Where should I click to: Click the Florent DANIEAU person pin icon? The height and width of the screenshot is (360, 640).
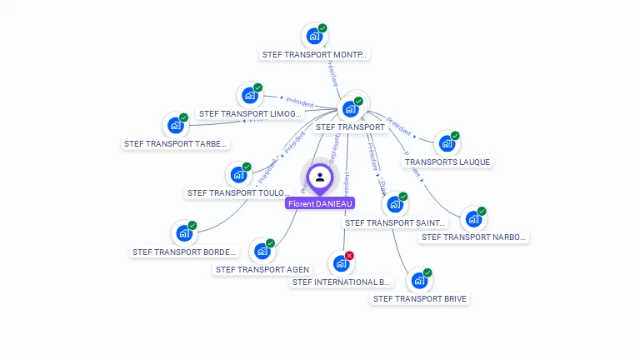(320, 177)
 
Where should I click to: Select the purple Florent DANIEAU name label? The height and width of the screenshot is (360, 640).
(320, 203)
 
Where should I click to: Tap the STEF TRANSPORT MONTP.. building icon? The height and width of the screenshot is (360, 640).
(314, 36)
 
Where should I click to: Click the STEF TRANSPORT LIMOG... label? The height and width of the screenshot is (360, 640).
(250, 113)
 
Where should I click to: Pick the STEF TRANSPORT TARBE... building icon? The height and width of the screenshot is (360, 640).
(175, 125)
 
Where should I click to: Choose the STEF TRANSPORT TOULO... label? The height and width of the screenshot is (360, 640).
(238, 192)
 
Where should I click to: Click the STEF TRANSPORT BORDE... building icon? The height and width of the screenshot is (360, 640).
(183, 233)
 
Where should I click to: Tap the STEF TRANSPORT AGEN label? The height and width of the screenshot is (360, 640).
(262, 269)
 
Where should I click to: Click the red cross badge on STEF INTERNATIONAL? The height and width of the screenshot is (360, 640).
(349, 255)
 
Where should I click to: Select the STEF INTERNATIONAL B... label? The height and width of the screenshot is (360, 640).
(342, 282)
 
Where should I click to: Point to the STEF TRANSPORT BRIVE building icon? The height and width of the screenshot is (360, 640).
(419, 280)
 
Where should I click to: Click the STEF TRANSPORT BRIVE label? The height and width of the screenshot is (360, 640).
(420, 298)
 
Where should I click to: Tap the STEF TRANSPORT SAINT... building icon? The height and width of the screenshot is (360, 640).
(394, 204)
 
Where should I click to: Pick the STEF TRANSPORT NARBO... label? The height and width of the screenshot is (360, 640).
(474, 237)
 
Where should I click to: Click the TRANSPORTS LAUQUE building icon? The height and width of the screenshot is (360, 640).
(447, 143)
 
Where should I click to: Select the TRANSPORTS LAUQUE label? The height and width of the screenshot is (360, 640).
(447, 162)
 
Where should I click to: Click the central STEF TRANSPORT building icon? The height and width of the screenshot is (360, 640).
(350, 108)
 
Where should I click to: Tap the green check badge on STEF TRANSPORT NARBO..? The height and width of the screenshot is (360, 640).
(482, 211)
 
